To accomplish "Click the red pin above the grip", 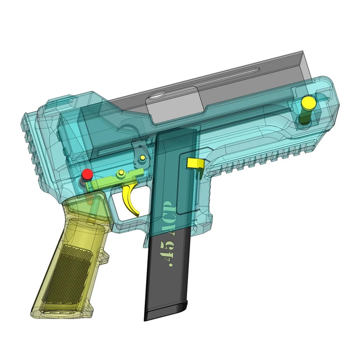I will pos(87,174).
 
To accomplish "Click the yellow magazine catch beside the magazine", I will pos(194,163).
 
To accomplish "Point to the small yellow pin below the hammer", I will pos(143,157).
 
